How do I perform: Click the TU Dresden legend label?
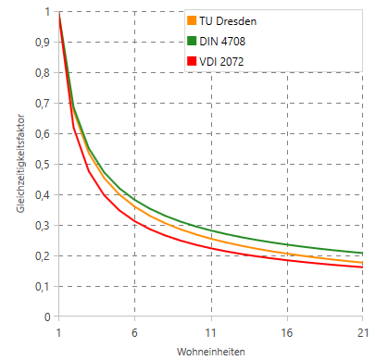[x=228, y=21]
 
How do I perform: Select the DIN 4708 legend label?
[x=222, y=42]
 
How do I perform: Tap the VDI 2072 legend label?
[x=221, y=62]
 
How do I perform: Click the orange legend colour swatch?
[x=192, y=20]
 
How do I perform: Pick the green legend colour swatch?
[x=192, y=41]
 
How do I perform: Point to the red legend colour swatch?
[x=192, y=61]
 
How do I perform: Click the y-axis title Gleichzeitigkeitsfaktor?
[x=20, y=164]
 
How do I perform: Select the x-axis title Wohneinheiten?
[x=211, y=352]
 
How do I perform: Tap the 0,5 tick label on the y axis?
[x=43, y=165]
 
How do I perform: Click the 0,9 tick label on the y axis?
[x=43, y=43]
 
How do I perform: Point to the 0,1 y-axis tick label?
[x=43, y=287]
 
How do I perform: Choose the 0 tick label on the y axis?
[x=47, y=317]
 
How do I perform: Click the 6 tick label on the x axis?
[x=134, y=333]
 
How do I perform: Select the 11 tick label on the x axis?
[x=211, y=333]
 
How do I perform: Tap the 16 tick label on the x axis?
[x=287, y=333]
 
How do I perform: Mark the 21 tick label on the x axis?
[x=363, y=333]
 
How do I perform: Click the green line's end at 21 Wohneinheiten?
[x=362, y=254]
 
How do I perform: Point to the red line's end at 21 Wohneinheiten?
[x=362, y=267]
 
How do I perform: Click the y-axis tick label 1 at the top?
[x=47, y=12]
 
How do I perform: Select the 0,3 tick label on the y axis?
[x=43, y=226]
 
